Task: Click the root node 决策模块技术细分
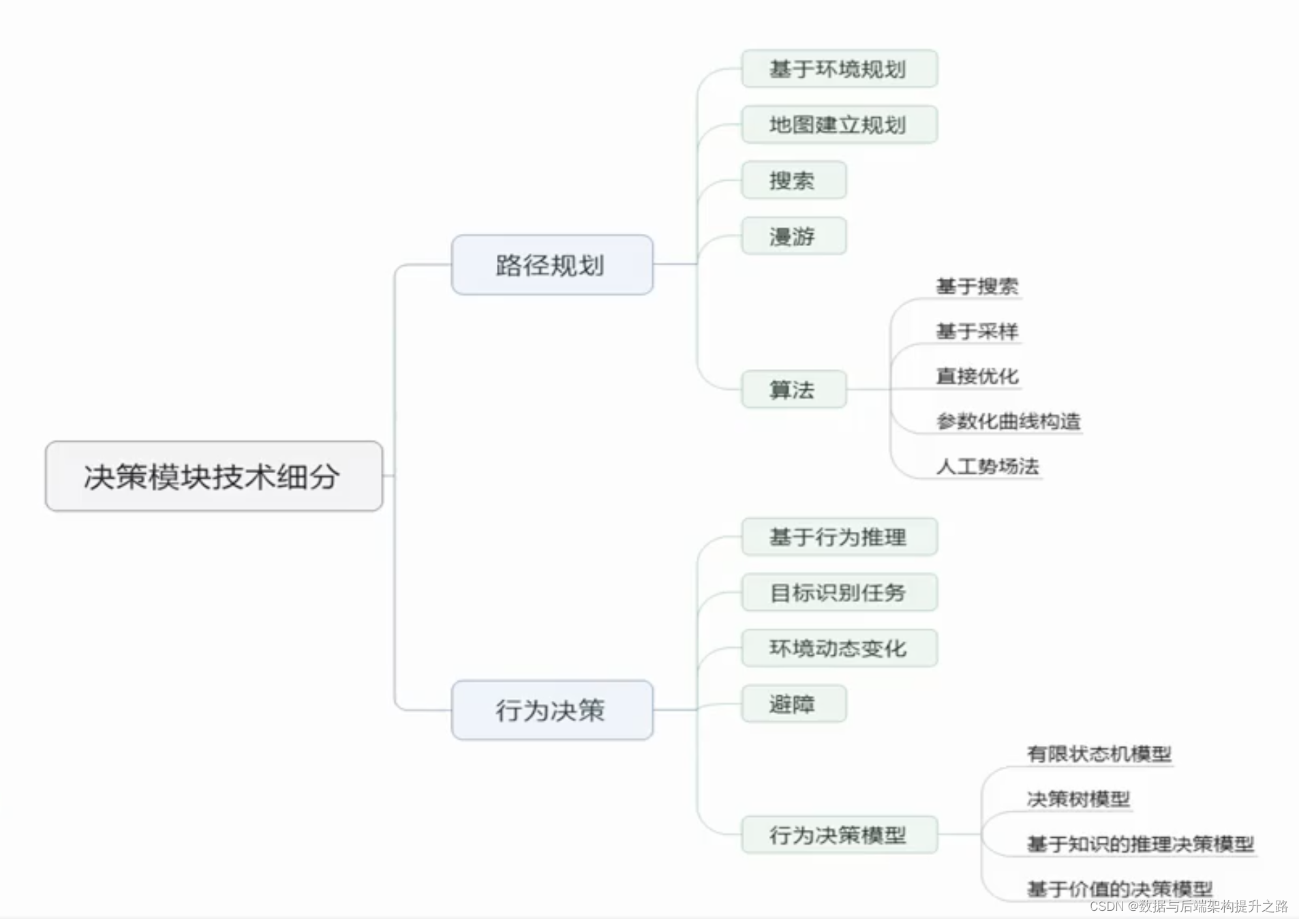click(213, 476)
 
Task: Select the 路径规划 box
click(551, 265)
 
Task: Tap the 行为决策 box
click(551, 710)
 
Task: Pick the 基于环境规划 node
click(838, 69)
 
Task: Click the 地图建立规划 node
click(838, 125)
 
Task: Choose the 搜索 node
click(793, 181)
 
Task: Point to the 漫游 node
click(793, 237)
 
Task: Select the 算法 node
click(793, 389)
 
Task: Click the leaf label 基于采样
click(977, 331)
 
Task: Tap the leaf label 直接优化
click(977, 376)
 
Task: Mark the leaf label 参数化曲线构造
click(1008, 421)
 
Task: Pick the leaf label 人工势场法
click(987, 466)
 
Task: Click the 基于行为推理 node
click(838, 537)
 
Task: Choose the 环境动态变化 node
click(838, 648)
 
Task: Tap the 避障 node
click(793, 704)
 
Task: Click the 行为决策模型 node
click(838, 834)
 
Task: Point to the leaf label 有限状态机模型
click(1099, 754)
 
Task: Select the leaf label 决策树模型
click(1078, 799)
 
